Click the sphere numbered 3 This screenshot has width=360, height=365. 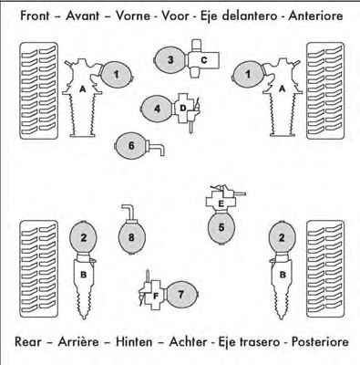click(170, 59)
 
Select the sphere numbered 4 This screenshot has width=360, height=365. click(157, 109)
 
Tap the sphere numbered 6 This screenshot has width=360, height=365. click(131, 146)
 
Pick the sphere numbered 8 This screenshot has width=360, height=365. click(131, 237)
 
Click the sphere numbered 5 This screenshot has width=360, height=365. click(221, 227)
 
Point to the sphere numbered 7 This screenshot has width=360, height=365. click(181, 295)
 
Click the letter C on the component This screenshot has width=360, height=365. click(204, 60)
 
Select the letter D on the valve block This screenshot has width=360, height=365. click(183, 108)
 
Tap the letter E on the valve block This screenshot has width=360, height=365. click(221, 203)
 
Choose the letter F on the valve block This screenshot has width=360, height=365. click(156, 296)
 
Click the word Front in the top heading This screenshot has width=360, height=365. click(35, 16)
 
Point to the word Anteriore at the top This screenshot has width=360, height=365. click(315, 16)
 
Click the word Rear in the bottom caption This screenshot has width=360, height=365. click(27, 341)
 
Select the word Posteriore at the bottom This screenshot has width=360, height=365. click(320, 341)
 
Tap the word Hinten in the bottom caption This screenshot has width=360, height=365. click(134, 341)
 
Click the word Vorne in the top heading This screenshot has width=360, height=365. click(133, 16)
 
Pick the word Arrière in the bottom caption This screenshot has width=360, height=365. click(78, 341)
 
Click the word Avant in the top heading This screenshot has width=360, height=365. click(82, 16)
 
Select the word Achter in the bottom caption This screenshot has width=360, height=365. click(188, 341)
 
